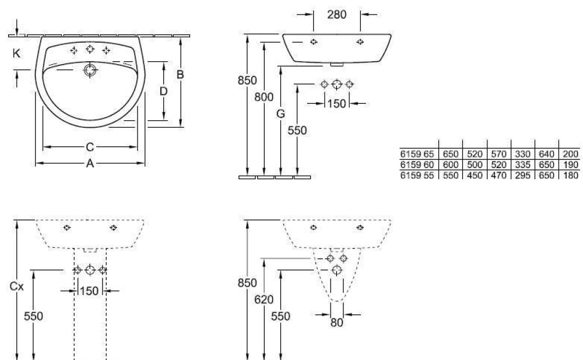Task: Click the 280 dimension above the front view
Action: click(336, 15)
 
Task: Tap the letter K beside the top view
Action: click(16, 54)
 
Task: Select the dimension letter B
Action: click(180, 75)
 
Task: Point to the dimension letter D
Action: click(164, 91)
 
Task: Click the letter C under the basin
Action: click(90, 148)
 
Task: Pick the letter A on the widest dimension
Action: click(90, 163)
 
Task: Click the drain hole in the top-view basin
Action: click(90, 69)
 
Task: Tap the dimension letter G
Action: click(281, 114)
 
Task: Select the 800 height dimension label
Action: click(264, 97)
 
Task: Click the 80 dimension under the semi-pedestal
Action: click(337, 323)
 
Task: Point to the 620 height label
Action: click(264, 299)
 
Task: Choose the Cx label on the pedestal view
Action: click(17, 286)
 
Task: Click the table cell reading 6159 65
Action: click(417, 154)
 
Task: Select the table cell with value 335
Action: click(523, 165)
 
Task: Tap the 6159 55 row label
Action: click(417, 176)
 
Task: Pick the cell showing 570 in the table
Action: click(499, 154)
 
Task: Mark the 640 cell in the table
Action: click(547, 154)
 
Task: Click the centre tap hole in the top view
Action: click(90, 49)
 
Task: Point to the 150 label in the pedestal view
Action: click(90, 291)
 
